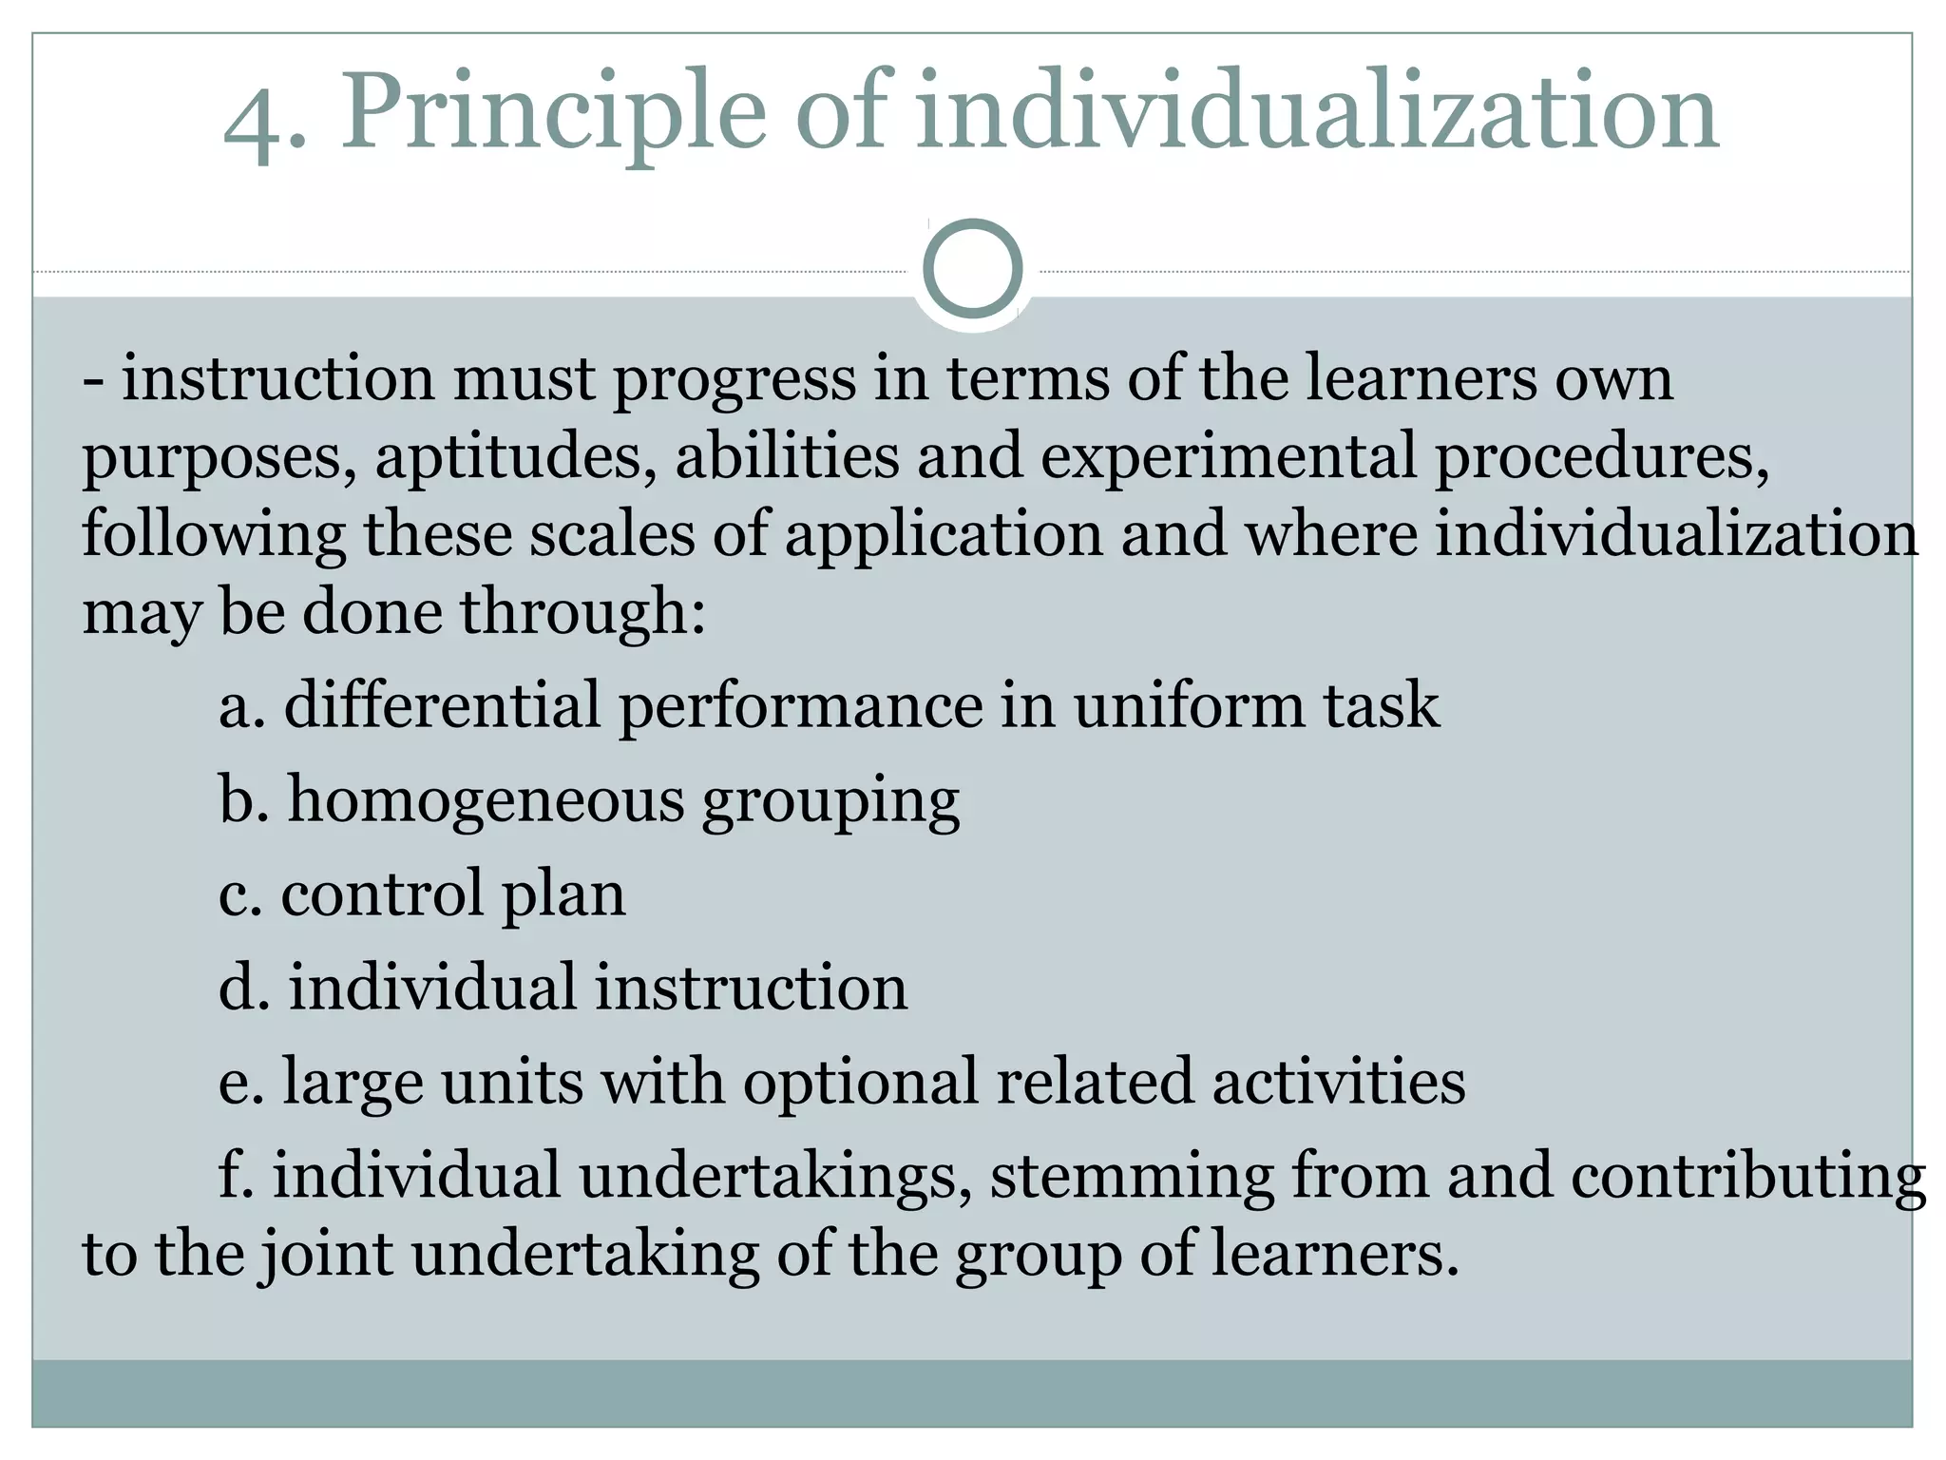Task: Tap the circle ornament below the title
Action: tap(972, 268)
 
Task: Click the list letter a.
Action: tap(238, 707)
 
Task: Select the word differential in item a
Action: tap(442, 705)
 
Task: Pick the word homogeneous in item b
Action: tap(486, 800)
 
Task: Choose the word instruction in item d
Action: tap(751, 988)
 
